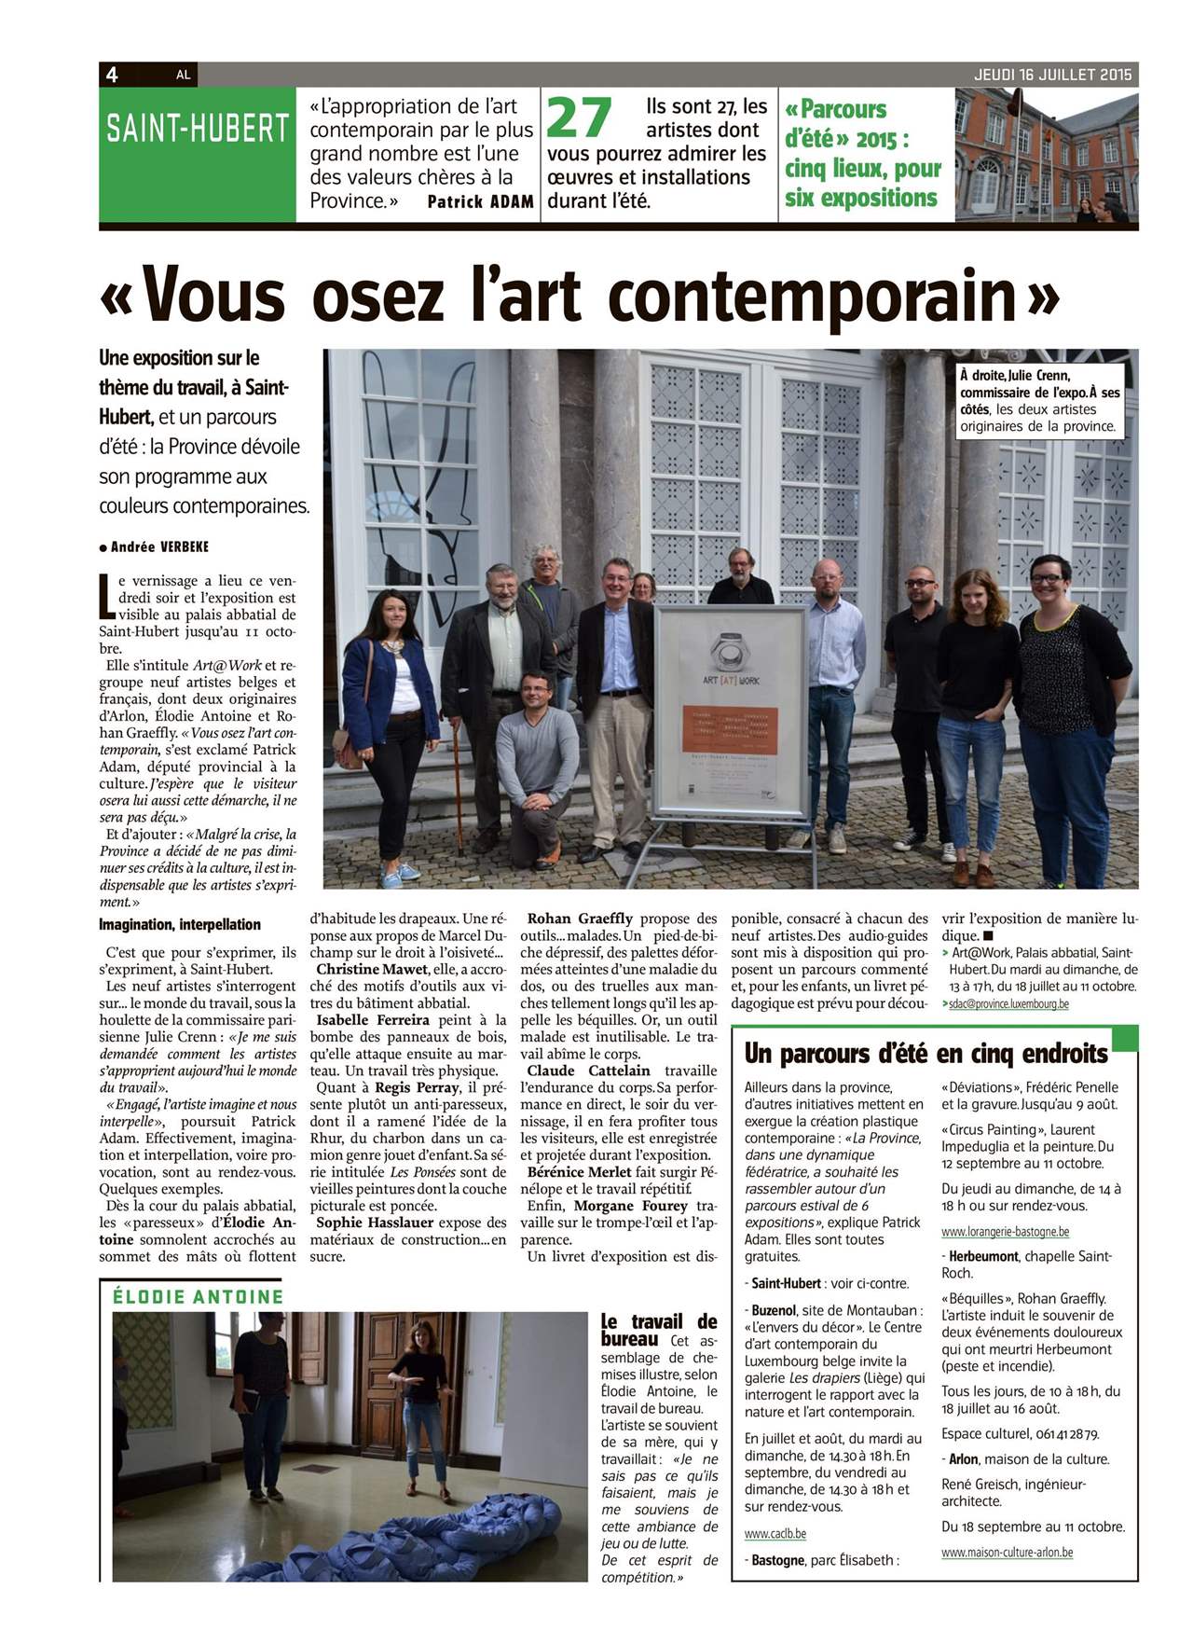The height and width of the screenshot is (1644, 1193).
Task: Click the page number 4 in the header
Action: [x=113, y=75]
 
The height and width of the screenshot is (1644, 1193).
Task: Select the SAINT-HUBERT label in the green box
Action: [x=198, y=129]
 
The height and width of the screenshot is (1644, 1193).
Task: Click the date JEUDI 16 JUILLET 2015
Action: [x=1053, y=75]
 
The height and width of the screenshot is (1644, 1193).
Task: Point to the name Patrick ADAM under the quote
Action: [x=480, y=201]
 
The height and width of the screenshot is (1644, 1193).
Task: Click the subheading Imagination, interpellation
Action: [x=180, y=924]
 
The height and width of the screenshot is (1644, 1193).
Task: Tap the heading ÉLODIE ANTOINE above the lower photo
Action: [x=198, y=1297]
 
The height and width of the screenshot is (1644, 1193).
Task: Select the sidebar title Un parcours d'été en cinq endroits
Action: [x=926, y=1054]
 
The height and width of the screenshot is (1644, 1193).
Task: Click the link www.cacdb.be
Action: [x=775, y=1533]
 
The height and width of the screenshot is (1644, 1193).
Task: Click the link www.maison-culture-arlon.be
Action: [x=1007, y=1553]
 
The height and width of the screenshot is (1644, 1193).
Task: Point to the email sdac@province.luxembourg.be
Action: [x=1008, y=1003]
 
